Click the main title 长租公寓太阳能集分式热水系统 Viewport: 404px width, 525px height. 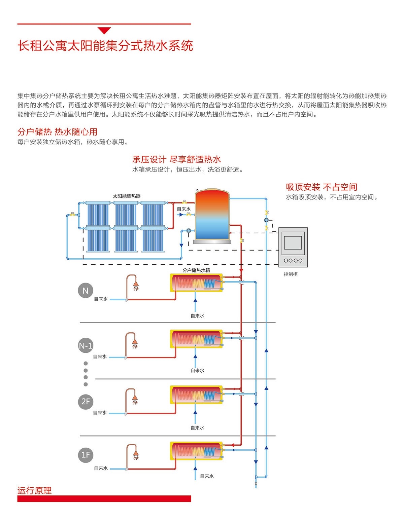tap(105, 46)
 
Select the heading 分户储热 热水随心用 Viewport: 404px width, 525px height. tap(57, 132)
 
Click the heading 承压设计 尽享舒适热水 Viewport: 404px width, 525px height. tap(176, 159)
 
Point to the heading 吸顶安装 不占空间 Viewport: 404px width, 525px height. tap(321, 187)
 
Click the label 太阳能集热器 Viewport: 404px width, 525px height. tap(127, 196)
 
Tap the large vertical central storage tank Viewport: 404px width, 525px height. tap(212, 215)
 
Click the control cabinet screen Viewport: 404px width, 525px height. tap(293, 242)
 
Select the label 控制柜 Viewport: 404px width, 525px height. tap(291, 274)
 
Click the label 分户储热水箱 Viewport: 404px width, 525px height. tap(196, 270)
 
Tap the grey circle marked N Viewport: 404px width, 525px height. tap(86, 291)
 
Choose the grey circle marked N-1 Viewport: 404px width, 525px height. tap(86, 346)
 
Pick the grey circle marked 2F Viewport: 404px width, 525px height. tap(86, 402)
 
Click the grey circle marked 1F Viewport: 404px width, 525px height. tap(86, 455)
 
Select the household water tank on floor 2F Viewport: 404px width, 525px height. tap(196, 395)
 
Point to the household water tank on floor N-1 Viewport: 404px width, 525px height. tap(196, 339)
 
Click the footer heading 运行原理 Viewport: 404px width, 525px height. tap(34, 490)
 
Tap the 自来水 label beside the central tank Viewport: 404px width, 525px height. tap(184, 209)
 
